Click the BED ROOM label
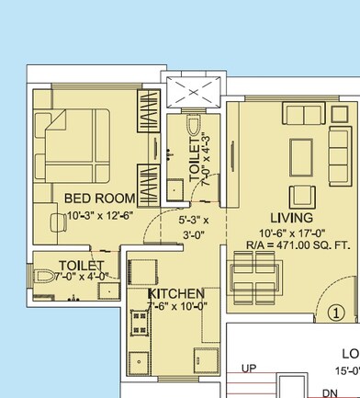[x=99, y=199]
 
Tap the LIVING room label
[x=291, y=218]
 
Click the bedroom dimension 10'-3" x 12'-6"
[x=100, y=216]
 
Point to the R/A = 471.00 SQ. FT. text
[x=293, y=244]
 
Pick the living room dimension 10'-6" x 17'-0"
[x=292, y=232]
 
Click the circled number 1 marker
[x=338, y=312]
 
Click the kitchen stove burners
[x=141, y=324]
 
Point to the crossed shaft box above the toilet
[x=195, y=92]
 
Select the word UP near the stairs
[x=248, y=369]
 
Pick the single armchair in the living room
[x=301, y=196]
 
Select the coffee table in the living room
[x=301, y=153]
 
